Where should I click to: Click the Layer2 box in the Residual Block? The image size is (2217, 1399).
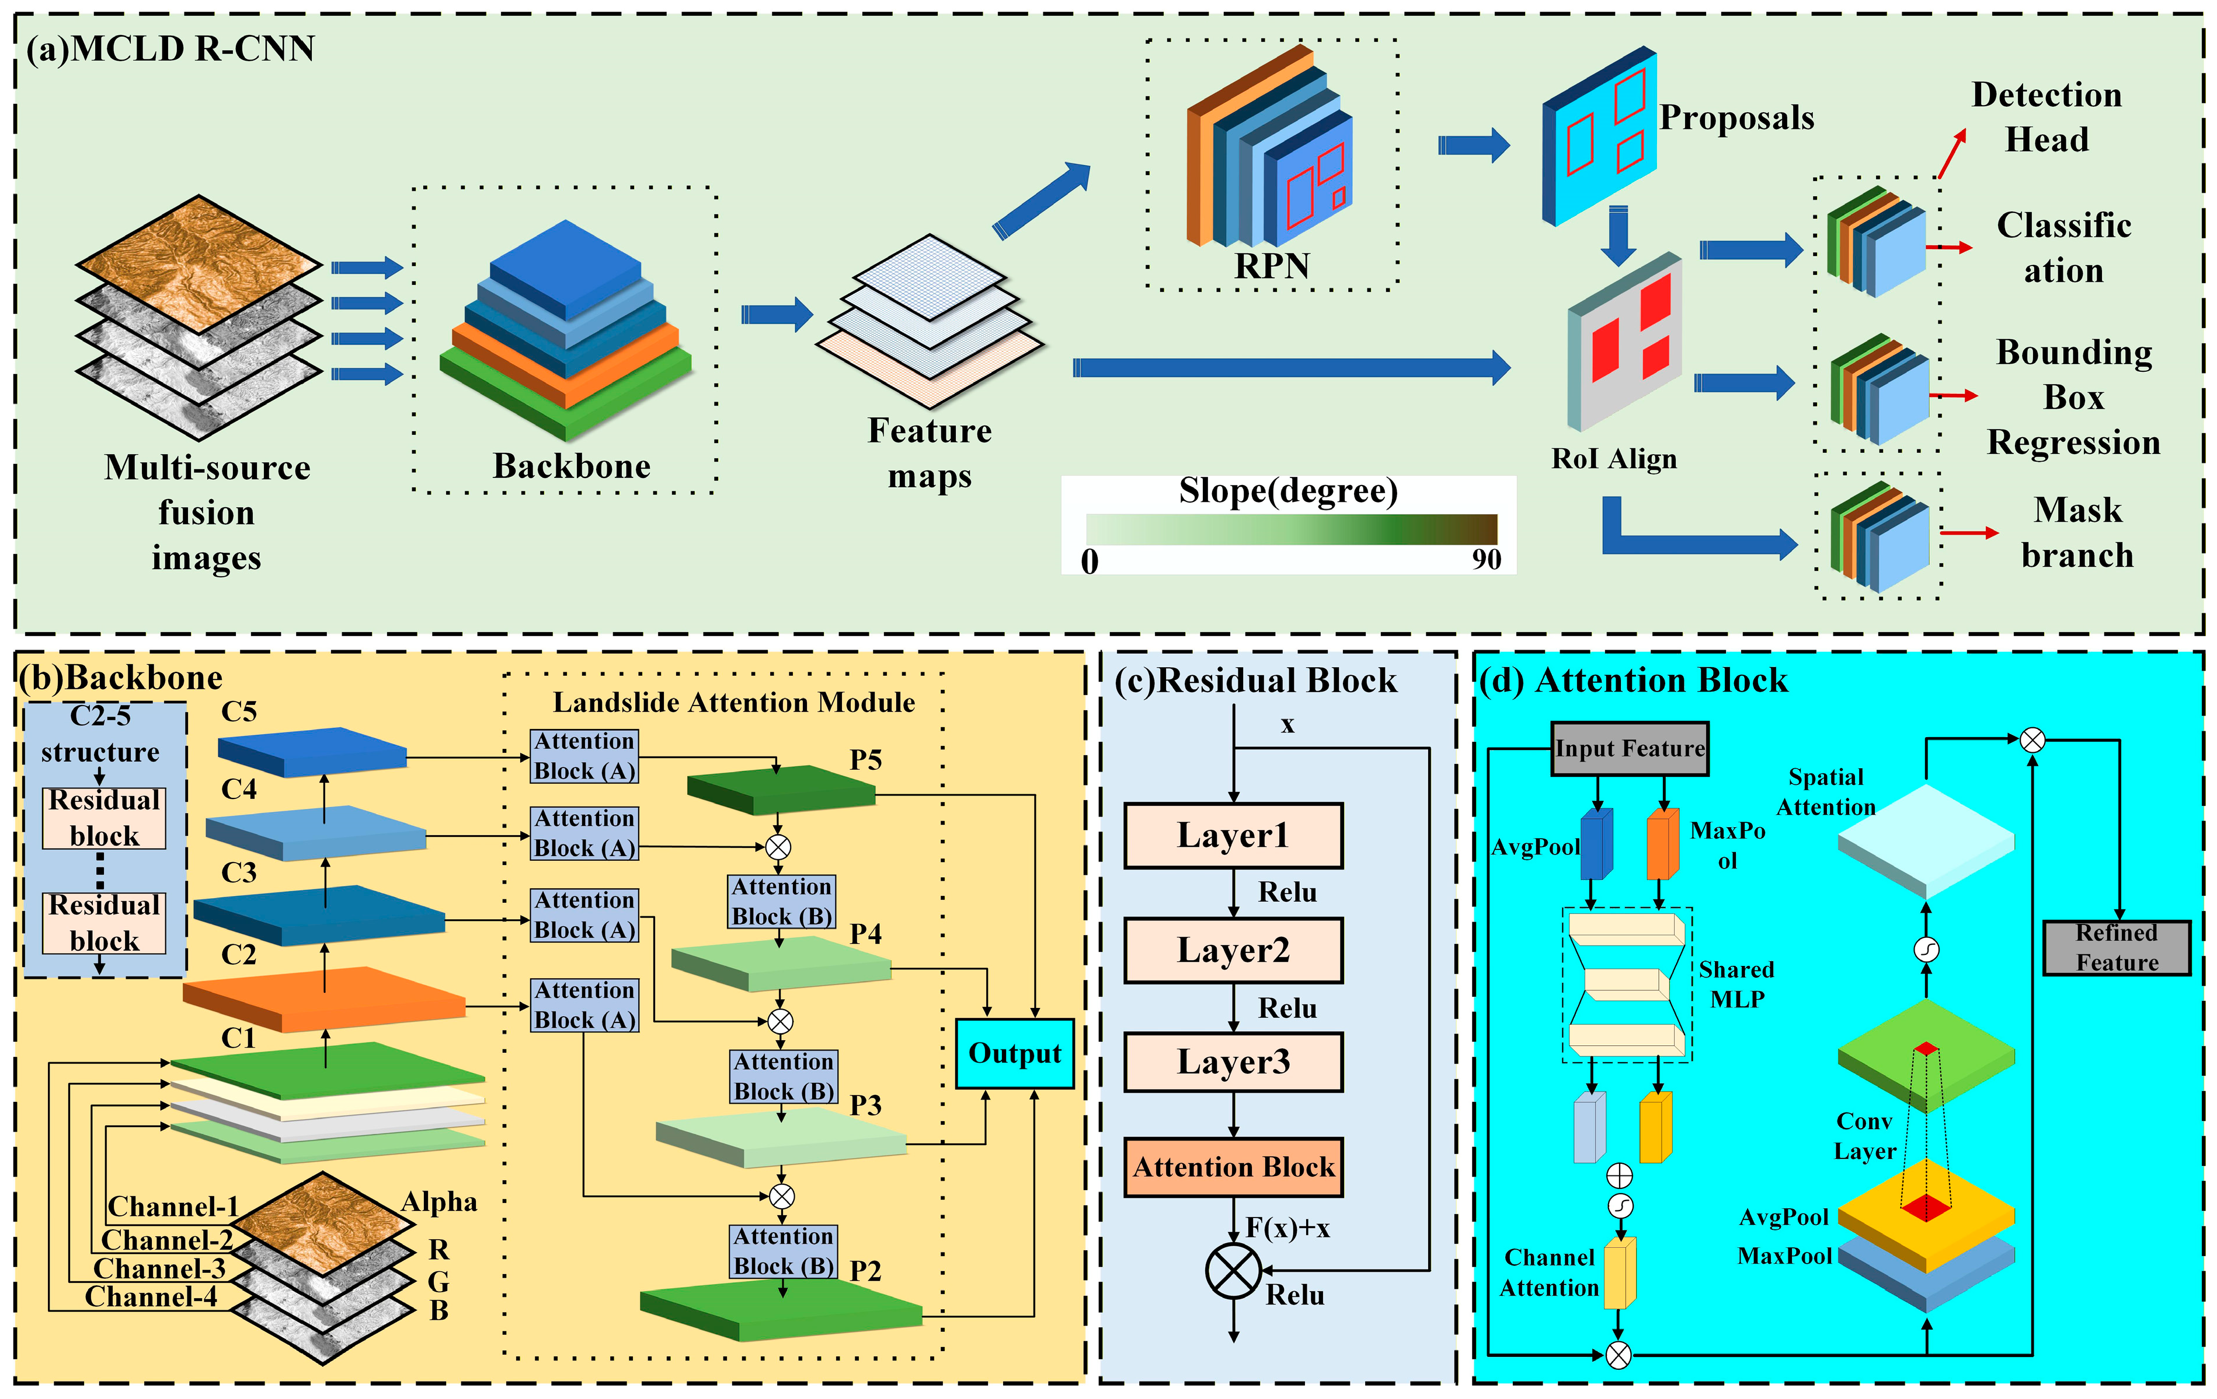click(1233, 950)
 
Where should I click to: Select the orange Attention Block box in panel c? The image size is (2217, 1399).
click(1233, 1167)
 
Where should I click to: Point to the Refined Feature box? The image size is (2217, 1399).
click(2117, 947)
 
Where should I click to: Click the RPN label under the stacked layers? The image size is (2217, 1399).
click(1272, 266)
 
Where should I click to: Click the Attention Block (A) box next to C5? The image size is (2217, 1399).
click(584, 756)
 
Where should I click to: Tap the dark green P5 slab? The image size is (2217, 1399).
click(781, 790)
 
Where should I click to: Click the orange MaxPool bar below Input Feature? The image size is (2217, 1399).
click(1662, 844)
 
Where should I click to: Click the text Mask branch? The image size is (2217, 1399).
click(2077, 532)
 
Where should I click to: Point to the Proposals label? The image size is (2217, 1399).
click(1736, 118)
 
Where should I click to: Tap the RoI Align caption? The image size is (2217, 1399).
click(1614, 458)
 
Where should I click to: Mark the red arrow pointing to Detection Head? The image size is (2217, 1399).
click(1952, 153)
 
